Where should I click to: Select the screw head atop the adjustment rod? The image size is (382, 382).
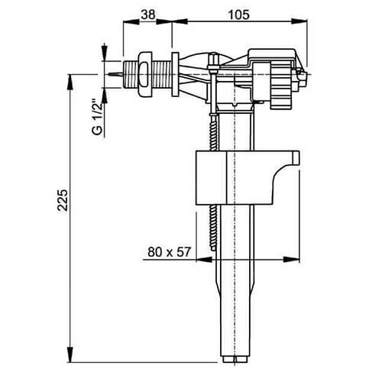click(x=210, y=70)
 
